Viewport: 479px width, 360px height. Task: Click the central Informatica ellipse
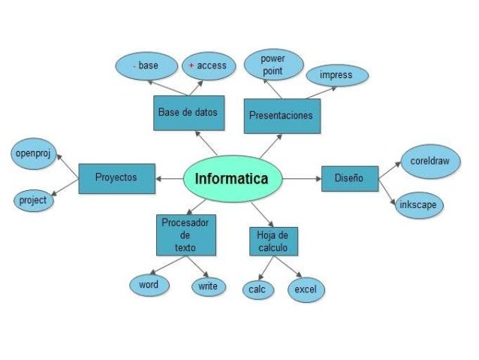point(233,179)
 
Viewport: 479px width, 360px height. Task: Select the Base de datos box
point(188,113)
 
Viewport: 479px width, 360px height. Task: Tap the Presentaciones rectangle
point(282,116)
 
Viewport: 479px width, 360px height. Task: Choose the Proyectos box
point(116,179)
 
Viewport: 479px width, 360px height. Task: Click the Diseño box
point(350,179)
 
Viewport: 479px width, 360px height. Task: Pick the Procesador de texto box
point(186,235)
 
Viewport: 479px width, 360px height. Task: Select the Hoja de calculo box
point(273,241)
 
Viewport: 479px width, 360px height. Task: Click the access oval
point(209,66)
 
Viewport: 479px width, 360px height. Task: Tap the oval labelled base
point(146,66)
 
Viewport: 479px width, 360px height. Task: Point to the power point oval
point(274,65)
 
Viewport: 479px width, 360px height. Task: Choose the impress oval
point(337,75)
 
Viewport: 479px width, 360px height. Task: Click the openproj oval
point(34,153)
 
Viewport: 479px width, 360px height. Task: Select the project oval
point(34,201)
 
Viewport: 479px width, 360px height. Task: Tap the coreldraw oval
point(430,162)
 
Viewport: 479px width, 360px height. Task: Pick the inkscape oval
point(419,205)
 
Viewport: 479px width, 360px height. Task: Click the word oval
point(149,285)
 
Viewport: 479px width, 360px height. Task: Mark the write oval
point(209,286)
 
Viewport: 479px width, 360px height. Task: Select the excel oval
point(306,289)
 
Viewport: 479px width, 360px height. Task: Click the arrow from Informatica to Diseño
point(302,179)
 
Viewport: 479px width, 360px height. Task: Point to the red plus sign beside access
point(191,65)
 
